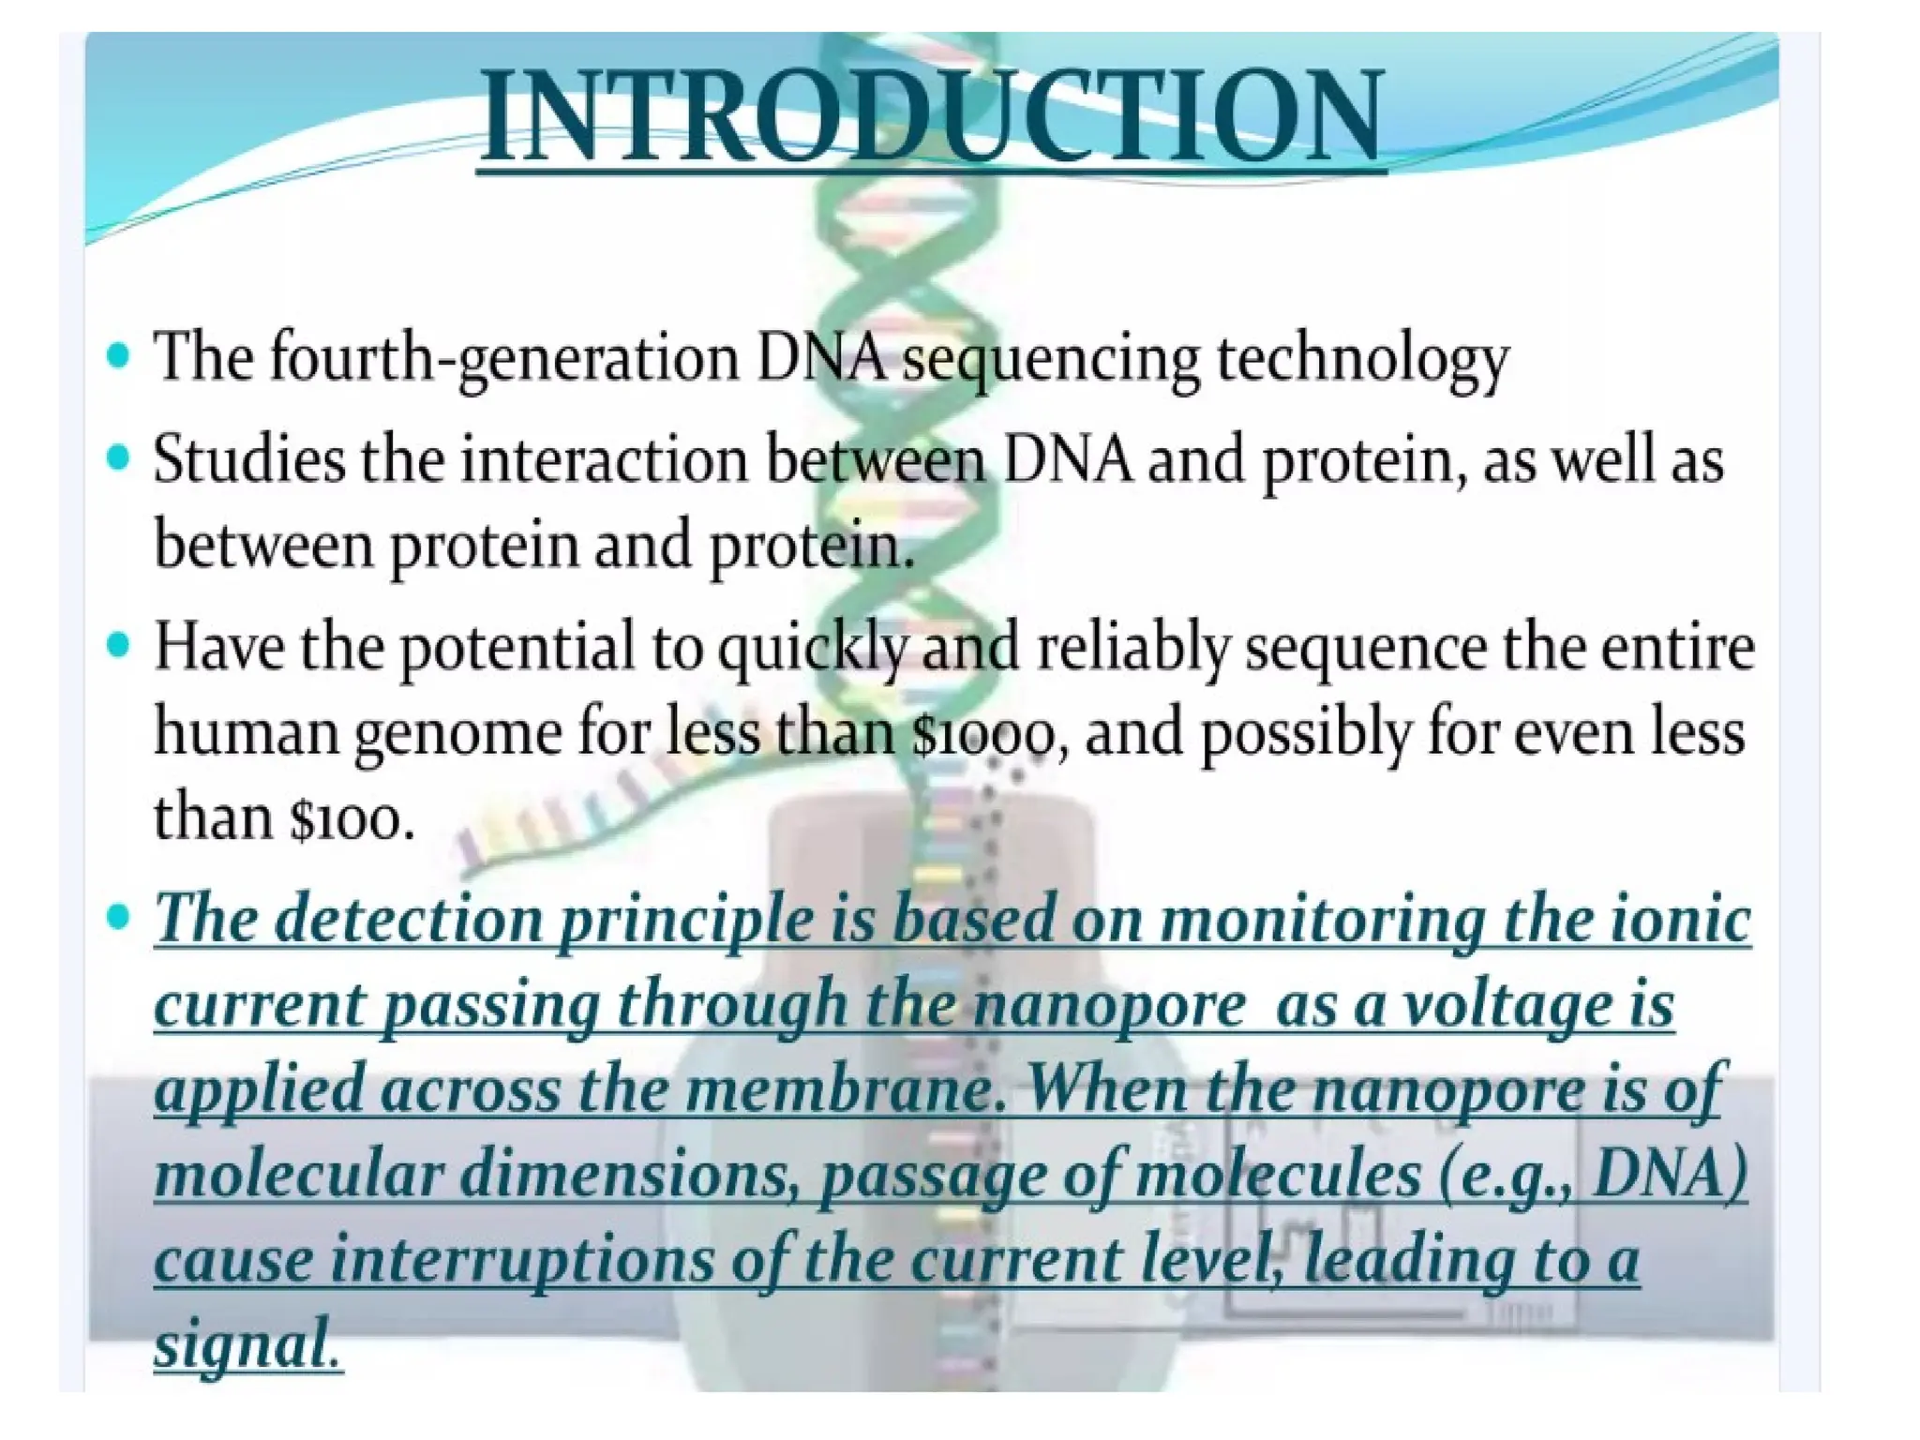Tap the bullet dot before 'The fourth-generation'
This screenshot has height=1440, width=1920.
[x=118, y=356]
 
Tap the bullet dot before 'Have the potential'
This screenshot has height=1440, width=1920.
[x=118, y=646]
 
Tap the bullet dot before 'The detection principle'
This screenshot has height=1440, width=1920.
[x=118, y=917]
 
